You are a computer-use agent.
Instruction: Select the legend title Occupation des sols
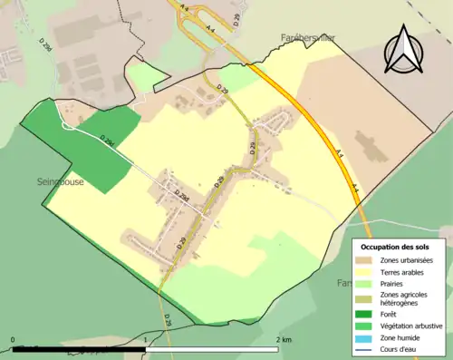click(396, 247)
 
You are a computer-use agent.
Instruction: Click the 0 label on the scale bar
click(13, 340)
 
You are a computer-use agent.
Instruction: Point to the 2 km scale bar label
click(284, 340)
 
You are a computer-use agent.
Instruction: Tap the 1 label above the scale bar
click(146, 340)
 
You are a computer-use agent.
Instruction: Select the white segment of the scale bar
click(212, 347)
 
